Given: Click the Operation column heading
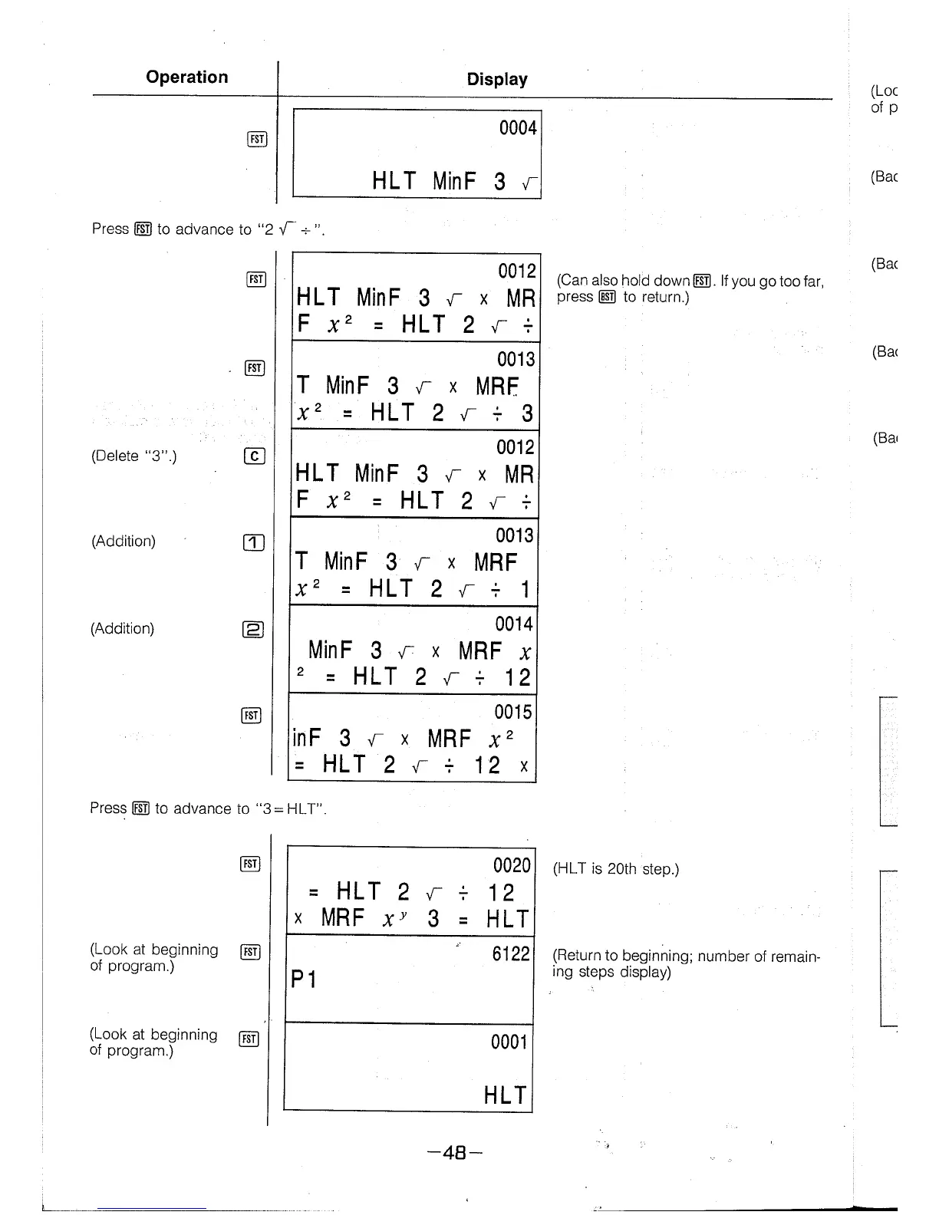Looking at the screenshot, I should (x=186, y=77).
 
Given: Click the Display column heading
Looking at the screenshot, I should (x=497, y=79).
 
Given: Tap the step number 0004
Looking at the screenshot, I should (x=518, y=128).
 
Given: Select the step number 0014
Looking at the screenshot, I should (x=513, y=624).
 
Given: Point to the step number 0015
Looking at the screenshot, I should (x=513, y=712).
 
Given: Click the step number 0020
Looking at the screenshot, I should (x=512, y=865).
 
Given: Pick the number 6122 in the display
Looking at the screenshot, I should (x=511, y=953).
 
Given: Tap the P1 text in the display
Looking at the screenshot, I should (x=304, y=980).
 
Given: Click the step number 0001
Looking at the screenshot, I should (x=509, y=1042).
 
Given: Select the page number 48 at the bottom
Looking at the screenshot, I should (x=456, y=1152).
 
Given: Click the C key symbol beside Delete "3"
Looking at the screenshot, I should (x=253, y=456).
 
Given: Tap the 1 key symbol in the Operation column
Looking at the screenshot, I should (x=253, y=542).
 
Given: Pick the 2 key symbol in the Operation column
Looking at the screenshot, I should (x=252, y=630).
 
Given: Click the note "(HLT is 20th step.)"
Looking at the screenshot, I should (x=615, y=869).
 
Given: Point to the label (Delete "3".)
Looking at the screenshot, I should (x=134, y=456).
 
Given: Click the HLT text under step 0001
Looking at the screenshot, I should (x=505, y=1095).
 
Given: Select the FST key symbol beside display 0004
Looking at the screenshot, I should (x=257, y=139).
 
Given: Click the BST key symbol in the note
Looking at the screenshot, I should (x=607, y=298).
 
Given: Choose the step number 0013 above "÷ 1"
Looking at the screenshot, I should (x=515, y=535).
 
